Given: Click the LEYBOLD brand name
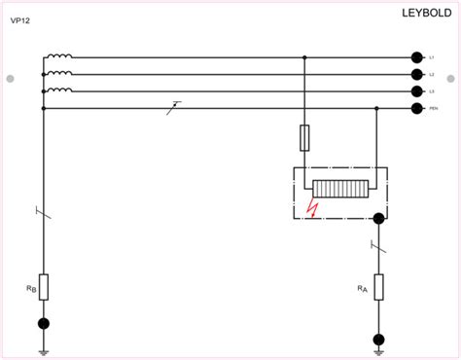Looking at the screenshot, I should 425,13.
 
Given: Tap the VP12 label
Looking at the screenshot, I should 21,20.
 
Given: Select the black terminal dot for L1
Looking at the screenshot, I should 416,58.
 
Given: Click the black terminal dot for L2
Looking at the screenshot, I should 416,75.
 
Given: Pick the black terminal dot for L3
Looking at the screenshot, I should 416,91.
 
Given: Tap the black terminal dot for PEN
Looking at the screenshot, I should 416,108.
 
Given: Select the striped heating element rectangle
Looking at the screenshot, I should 340,192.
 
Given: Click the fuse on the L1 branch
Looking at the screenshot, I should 305,137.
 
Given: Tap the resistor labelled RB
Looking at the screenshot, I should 43,286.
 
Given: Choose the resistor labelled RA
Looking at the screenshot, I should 379,286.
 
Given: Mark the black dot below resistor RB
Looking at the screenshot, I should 43,324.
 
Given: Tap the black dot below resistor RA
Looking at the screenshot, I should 379,339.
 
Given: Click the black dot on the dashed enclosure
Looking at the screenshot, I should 379,219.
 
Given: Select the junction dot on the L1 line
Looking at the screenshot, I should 305,58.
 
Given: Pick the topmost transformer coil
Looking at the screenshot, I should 58,57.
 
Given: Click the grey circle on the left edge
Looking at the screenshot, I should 11,78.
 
